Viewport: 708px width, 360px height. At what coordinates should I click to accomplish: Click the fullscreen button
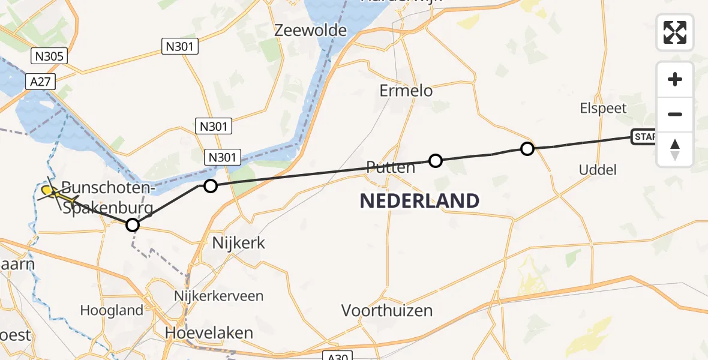pos(675,32)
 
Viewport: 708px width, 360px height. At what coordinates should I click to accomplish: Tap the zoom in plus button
pos(675,80)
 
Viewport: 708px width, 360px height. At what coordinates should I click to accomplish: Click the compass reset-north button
pos(675,149)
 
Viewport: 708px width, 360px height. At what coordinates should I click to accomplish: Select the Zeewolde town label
pos(310,31)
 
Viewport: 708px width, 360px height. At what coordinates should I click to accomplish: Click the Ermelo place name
pos(406,91)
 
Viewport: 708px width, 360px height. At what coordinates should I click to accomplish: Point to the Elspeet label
pos(603,109)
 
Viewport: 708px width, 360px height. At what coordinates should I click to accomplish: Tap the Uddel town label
pos(598,170)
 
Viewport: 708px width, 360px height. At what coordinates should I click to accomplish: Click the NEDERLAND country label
pos(419,201)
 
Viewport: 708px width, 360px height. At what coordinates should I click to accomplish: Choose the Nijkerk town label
pos(239,243)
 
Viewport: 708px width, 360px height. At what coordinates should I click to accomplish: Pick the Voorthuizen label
pos(387,311)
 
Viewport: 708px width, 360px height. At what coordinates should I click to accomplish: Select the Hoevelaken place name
pos(209,333)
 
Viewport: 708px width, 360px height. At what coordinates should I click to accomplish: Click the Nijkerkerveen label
pos(218,296)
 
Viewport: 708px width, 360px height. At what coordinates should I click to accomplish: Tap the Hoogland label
pos(113,310)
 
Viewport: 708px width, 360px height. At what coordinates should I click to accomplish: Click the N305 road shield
pos(49,57)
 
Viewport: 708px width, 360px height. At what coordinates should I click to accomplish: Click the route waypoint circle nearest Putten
pos(436,161)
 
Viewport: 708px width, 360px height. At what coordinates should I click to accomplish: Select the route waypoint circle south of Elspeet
pos(527,149)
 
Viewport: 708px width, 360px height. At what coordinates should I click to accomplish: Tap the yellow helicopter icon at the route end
pos(52,193)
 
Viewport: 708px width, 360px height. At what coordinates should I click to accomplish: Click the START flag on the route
pos(643,137)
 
